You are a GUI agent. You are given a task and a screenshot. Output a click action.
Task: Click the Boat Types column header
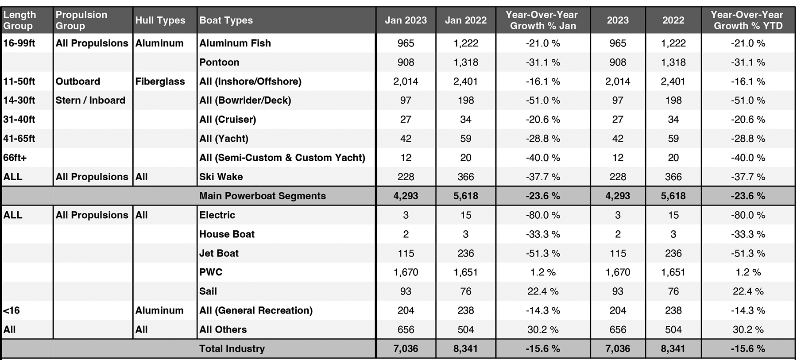pyautogui.click(x=226, y=20)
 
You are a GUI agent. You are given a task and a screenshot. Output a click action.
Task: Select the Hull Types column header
pyautogui.click(x=160, y=20)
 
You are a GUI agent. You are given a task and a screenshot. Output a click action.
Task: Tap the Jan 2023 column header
pyautogui.click(x=406, y=20)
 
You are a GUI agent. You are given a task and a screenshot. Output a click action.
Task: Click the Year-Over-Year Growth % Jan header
pyautogui.click(x=543, y=20)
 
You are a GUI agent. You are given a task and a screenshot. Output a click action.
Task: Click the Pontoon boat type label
pyautogui.click(x=219, y=62)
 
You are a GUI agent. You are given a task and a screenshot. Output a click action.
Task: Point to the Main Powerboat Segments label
pyautogui.click(x=263, y=196)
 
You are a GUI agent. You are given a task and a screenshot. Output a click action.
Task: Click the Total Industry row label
pyautogui.click(x=232, y=348)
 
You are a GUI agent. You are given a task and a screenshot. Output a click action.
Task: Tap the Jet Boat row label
pyautogui.click(x=219, y=253)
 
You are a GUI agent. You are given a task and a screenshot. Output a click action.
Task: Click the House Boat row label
pyautogui.click(x=227, y=234)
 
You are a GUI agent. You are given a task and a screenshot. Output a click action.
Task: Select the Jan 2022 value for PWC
pyautogui.click(x=465, y=272)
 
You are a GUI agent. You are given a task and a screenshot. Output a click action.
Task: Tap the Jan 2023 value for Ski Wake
pyautogui.click(x=406, y=177)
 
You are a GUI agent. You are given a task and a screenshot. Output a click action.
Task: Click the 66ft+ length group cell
pyautogui.click(x=15, y=158)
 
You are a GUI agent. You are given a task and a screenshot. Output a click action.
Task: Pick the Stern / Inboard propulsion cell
pyautogui.click(x=90, y=101)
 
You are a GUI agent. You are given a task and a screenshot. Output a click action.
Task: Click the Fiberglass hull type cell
pyautogui.click(x=160, y=81)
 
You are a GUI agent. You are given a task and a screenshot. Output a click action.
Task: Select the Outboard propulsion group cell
pyautogui.click(x=78, y=81)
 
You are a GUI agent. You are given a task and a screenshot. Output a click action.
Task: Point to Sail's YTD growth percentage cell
pyautogui.click(x=748, y=291)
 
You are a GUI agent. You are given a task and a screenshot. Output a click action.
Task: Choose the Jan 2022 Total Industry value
pyautogui.click(x=465, y=348)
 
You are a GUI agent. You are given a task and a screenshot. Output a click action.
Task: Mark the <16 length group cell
pyautogui.click(x=12, y=310)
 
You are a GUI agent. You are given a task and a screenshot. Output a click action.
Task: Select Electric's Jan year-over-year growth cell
pyautogui.click(x=543, y=215)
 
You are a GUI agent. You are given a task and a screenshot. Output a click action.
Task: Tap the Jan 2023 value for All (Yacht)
pyautogui.click(x=406, y=139)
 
